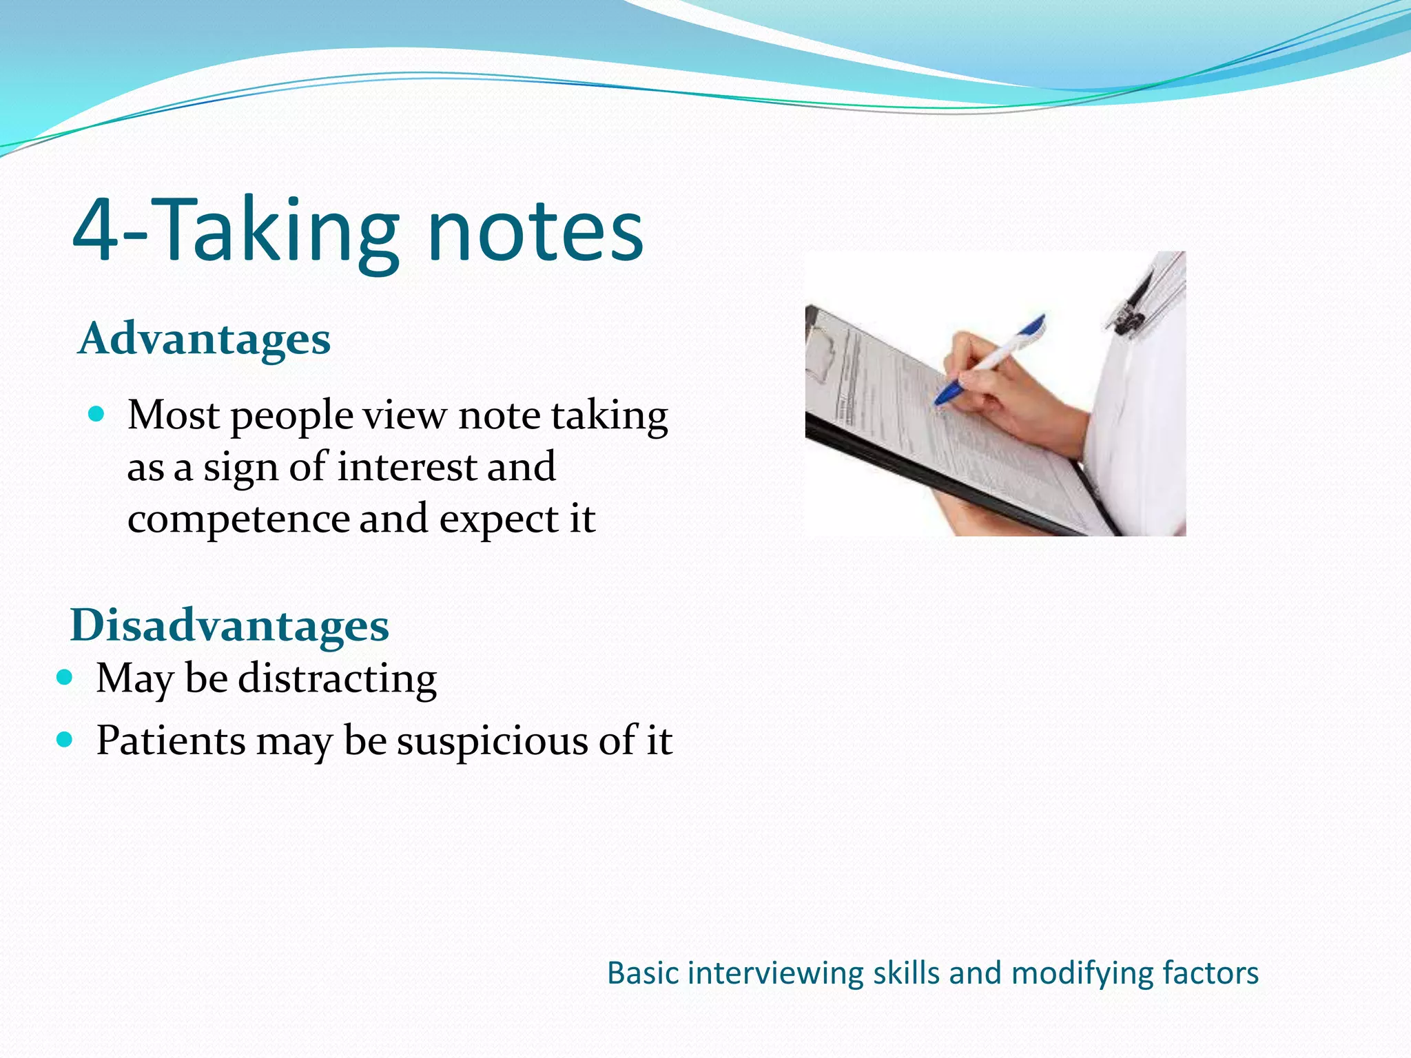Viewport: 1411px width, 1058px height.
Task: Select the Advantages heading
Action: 205,339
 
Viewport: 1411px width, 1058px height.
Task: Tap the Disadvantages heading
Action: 229,625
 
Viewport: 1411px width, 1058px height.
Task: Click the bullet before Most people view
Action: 96,414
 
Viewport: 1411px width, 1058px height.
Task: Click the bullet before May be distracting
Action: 65,677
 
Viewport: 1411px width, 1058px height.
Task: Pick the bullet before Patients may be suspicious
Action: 65,740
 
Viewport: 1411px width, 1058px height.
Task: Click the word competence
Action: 238,519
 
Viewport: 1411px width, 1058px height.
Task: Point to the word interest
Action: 406,467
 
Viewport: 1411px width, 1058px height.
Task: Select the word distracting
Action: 337,678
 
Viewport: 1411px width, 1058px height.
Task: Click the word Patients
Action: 170,741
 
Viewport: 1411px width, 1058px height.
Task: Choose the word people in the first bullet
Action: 291,417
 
